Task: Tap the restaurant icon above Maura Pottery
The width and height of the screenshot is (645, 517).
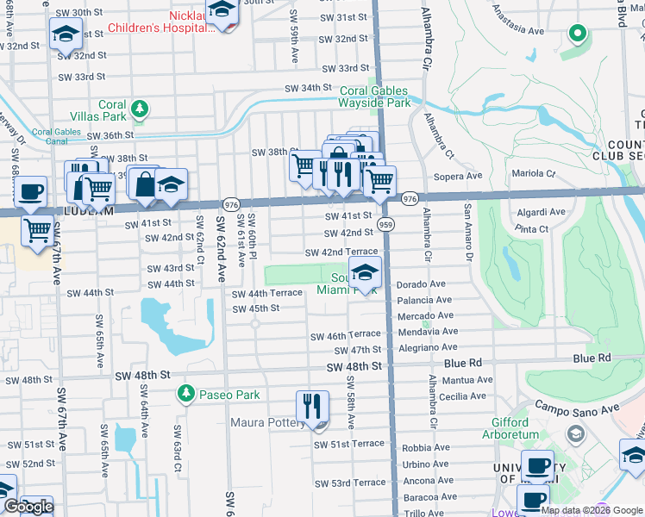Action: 312,406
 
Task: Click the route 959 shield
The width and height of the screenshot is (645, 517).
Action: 385,224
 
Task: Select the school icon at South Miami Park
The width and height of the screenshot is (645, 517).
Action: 365,273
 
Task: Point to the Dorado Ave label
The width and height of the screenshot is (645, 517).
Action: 421,283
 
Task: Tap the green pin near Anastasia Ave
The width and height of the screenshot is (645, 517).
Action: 577,34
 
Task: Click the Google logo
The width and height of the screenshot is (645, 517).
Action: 28,506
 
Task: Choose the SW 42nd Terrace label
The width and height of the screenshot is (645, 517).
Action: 341,252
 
